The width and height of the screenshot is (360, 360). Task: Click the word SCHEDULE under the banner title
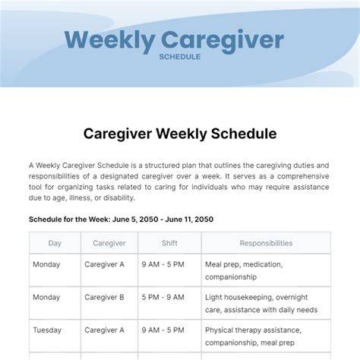(x=180, y=57)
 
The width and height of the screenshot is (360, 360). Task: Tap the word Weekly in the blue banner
(x=110, y=40)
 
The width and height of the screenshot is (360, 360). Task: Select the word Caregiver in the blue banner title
(x=223, y=40)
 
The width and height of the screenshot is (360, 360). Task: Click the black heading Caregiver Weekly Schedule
(x=180, y=134)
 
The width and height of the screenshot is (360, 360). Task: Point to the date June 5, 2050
(x=135, y=219)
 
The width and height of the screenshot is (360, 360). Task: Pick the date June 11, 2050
(x=189, y=219)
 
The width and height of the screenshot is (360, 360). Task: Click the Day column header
(x=55, y=243)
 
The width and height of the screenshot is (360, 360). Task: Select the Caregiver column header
(x=109, y=243)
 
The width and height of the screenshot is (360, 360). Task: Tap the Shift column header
(x=169, y=243)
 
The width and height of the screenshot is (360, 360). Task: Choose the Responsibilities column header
(x=266, y=243)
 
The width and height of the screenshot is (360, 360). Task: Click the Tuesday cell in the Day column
(x=47, y=330)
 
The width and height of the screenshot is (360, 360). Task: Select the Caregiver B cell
(x=104, y=297)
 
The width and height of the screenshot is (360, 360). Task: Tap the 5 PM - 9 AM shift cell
(x=163, y=297)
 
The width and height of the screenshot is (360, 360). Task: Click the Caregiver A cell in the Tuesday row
(x=104, y=330)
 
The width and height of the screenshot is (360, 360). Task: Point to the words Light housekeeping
(x=239, y=298)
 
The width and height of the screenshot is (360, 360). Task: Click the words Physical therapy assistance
(x=253, y=330)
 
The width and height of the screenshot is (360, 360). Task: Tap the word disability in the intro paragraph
(x=119, y=197)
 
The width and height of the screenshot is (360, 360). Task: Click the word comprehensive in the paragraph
(x=303, y=176)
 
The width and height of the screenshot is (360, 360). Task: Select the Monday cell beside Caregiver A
(x=46, y=264)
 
